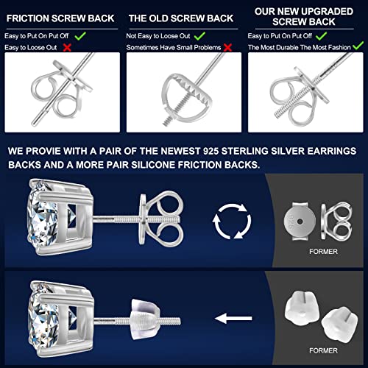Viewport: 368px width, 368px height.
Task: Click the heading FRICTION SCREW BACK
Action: (60, 18)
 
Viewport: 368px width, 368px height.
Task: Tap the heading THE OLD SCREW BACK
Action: (181, 18)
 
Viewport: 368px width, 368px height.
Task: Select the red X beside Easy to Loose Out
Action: (67, 47)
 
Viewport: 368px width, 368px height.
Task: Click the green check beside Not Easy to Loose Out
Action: (199, 36)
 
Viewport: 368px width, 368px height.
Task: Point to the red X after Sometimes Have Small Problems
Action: (227, 47)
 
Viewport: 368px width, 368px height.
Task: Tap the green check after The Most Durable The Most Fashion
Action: (358, 46)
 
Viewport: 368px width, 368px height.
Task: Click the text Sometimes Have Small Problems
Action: (174, 47)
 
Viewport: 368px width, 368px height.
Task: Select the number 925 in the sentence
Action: (210, 151)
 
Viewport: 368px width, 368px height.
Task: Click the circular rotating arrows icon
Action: (232, 221)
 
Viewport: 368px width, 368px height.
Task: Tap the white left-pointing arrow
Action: (233, 318)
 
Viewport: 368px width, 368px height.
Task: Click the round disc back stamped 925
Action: (300, 221)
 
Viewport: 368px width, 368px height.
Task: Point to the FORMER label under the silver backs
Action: (323, 252)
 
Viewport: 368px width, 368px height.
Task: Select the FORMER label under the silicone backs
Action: (323, 350)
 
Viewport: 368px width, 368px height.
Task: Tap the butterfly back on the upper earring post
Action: (160, 219)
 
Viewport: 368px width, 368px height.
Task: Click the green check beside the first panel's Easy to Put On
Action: (80, 36)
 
